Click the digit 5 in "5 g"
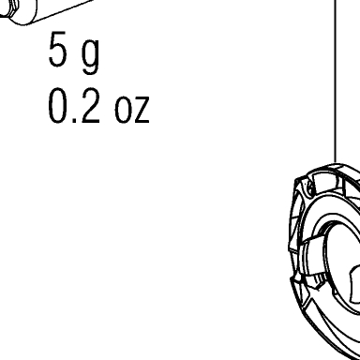(x=57, y=50)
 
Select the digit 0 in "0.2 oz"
(x=57, y=105)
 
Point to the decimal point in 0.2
(x=74, y=120)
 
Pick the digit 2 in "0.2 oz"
(x=91, y=105)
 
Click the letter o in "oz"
(x=123, y=109)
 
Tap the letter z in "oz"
(x=141, y=109)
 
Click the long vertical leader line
(x=336, y=82)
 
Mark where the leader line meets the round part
(x=336, y=163)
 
